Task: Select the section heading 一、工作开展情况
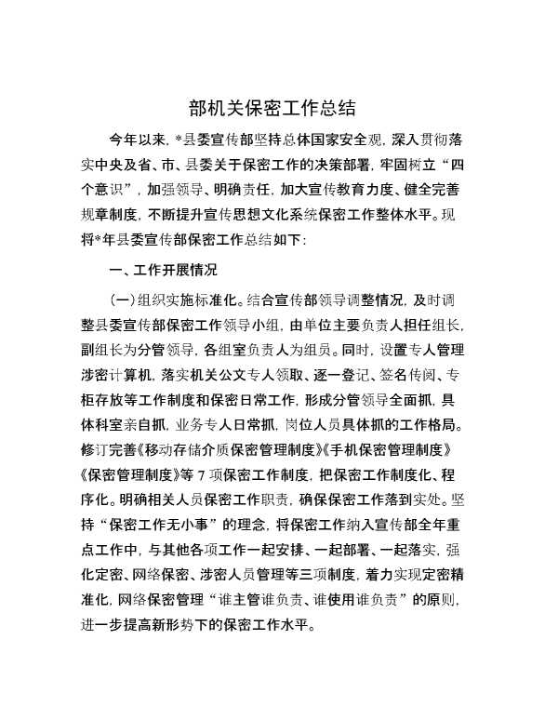tap(163, 271)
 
